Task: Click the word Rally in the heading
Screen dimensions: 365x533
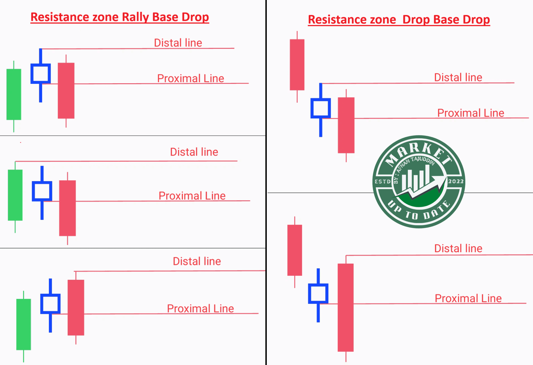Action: tap(135, 17)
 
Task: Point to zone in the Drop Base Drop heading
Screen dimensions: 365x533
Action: tap(383, 20)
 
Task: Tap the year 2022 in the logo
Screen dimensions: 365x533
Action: tap(456, 182)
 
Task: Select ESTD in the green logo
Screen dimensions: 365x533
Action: tap(383, 182)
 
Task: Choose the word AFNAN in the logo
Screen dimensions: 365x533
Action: tap(403, 166)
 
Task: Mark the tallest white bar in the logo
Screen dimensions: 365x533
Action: tap(427, 176)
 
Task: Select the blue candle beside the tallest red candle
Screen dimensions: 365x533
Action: tap(318, 294)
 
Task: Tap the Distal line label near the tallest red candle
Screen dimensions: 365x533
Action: tap(458, 249)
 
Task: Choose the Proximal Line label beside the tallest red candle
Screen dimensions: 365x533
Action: tap(468, 298)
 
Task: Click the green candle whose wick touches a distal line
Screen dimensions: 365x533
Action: tap(15, 195)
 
